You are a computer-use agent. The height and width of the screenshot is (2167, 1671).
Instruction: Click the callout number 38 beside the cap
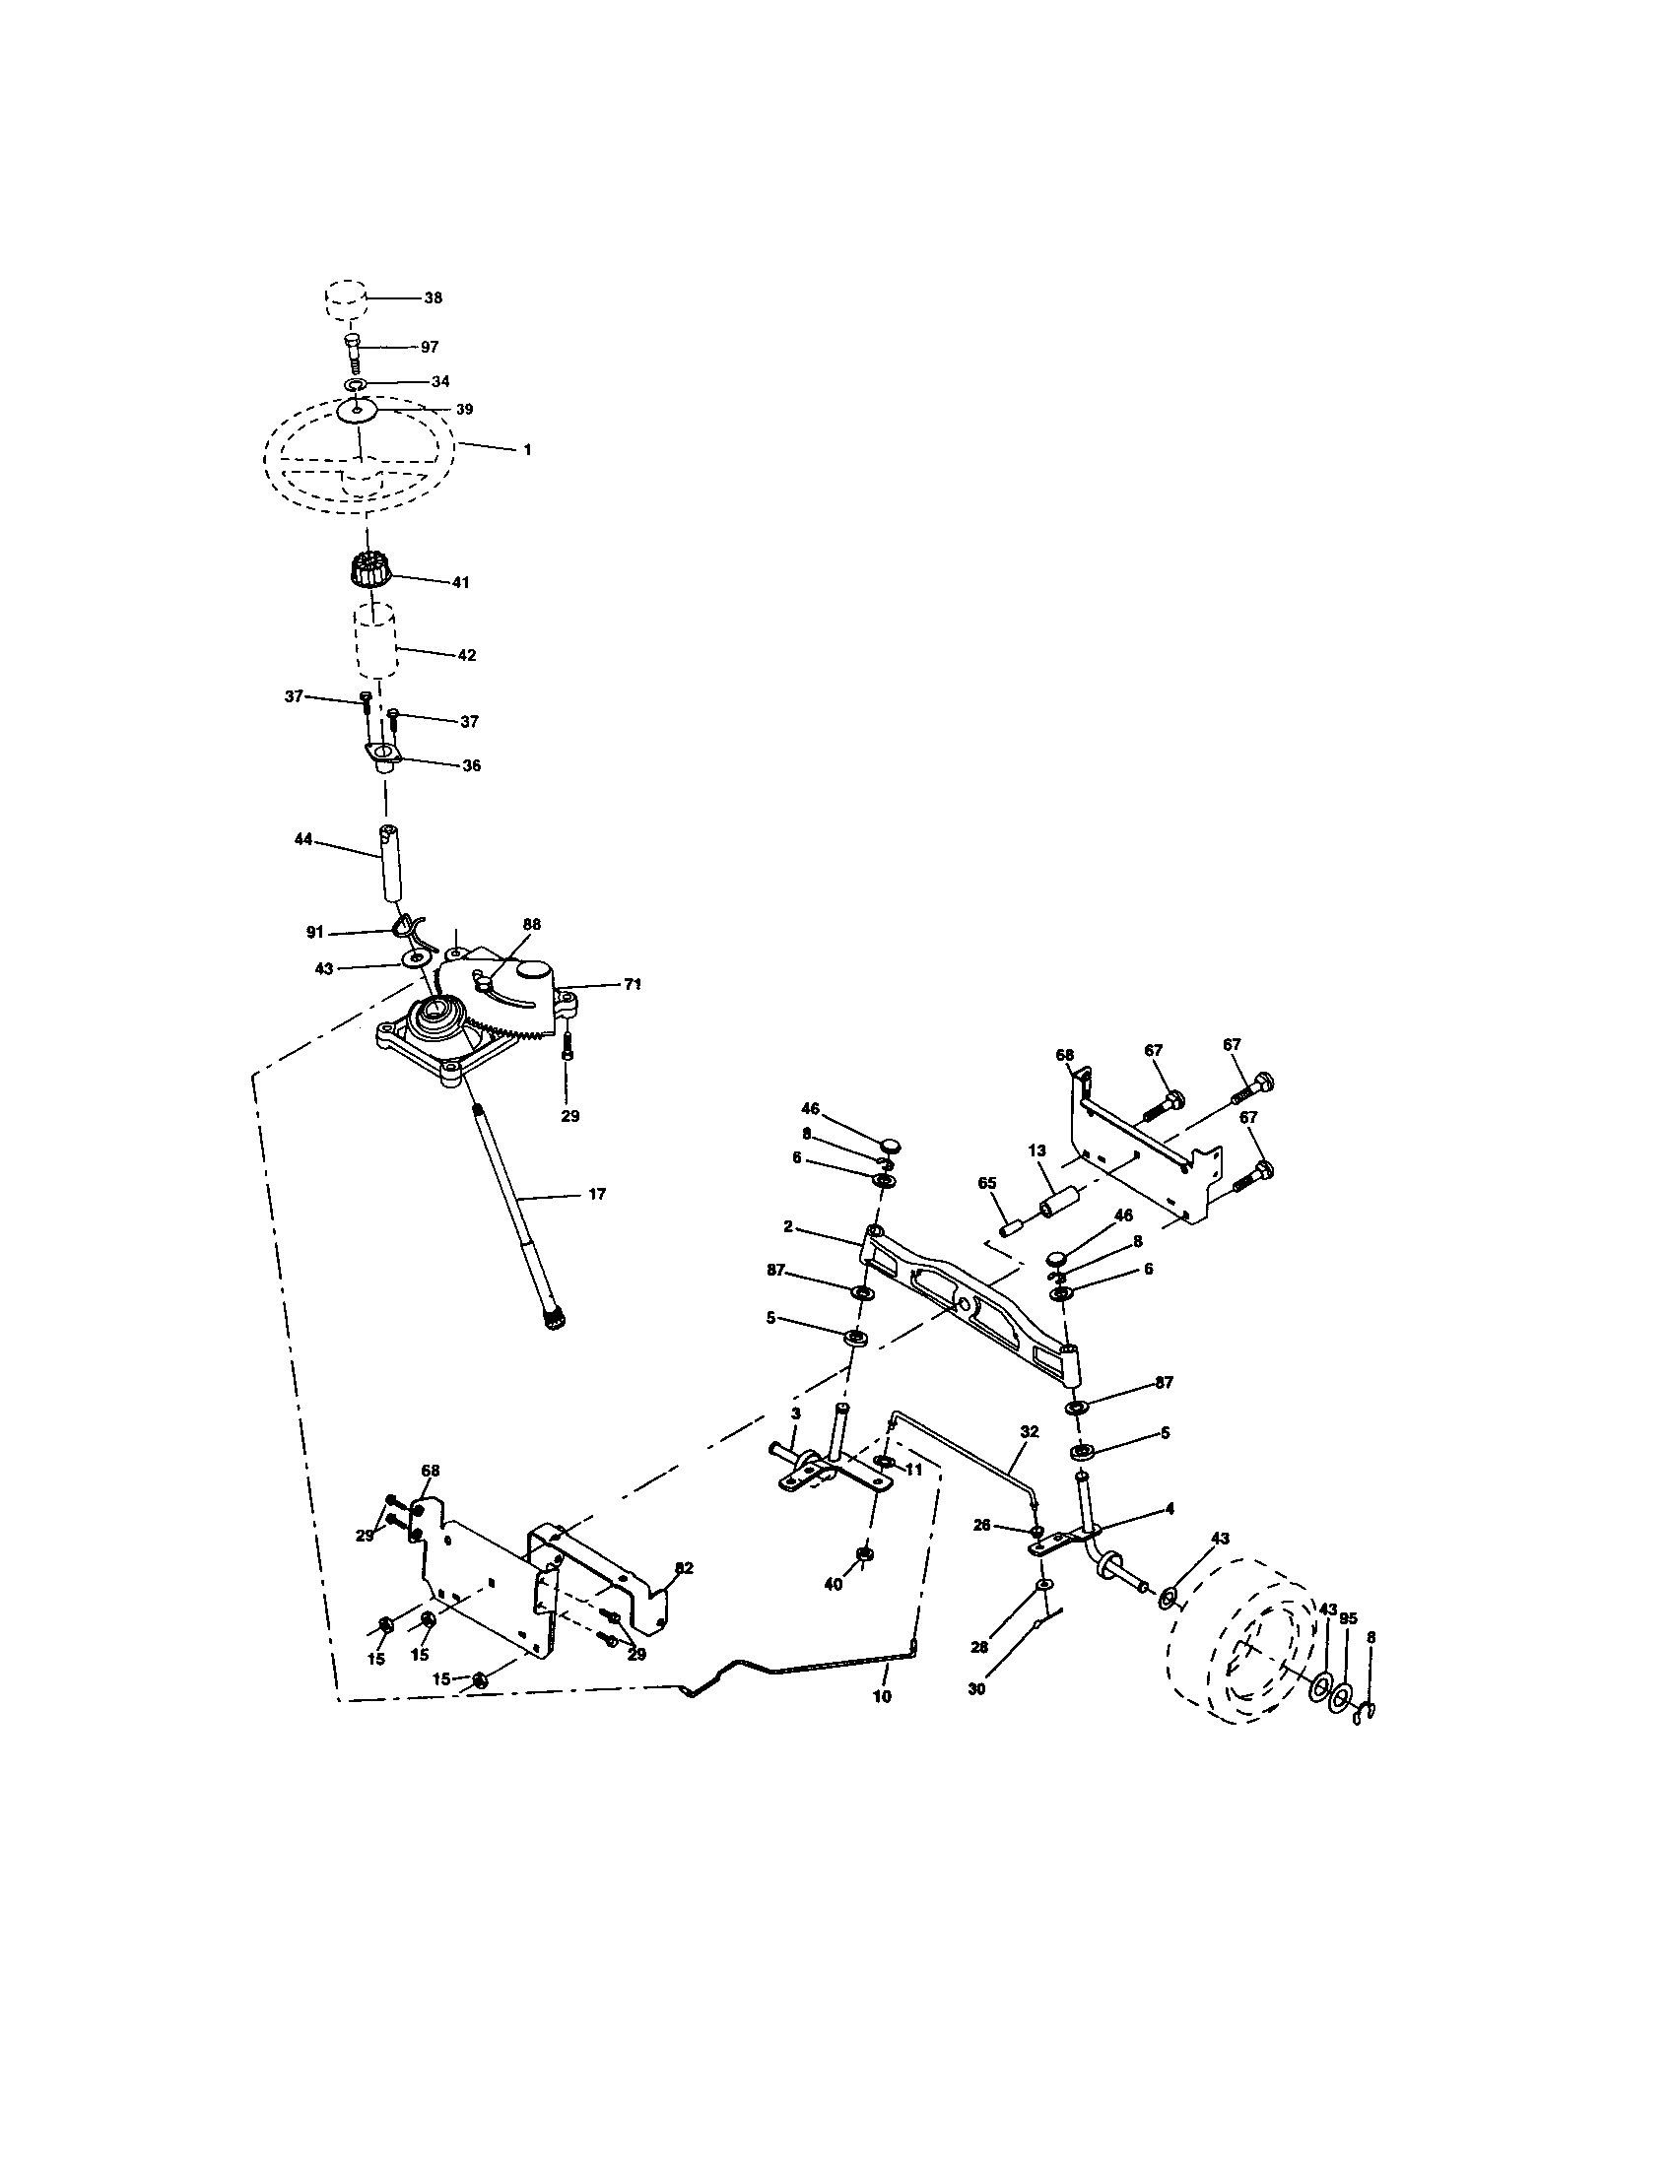(x=433, y=297)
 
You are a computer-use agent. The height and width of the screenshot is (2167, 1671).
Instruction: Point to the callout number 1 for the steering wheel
(x=527, y=449)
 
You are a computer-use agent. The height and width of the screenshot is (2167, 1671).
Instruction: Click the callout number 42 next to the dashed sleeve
(x=466, y=655)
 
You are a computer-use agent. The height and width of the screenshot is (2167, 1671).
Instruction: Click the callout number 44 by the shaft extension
(x=302, y=839)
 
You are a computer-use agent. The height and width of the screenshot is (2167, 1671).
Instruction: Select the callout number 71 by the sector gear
(x=633, y=984)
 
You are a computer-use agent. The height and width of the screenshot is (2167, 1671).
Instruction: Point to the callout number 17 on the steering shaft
(x=596, y=1195)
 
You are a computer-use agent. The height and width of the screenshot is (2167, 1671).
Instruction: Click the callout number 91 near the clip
(x=315, y=932)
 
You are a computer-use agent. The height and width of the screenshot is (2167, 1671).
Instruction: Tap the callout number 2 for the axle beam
(x=788, y=1226)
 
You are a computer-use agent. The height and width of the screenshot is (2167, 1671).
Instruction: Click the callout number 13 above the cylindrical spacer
(x=1036, y=1149)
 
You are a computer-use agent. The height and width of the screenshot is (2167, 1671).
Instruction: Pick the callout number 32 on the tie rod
(x=1029, y=1432)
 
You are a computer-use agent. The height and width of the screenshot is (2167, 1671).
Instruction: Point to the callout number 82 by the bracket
(x=683, y=1568)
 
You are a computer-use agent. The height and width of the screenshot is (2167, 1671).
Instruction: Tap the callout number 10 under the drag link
(x=882, y=1697)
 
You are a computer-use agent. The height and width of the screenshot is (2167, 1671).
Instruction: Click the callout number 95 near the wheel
(x=1348, y=1618)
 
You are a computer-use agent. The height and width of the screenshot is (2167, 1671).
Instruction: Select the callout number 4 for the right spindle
(x=1170, y=1508)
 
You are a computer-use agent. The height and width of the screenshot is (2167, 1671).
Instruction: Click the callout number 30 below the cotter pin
(x=976, y=1688)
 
